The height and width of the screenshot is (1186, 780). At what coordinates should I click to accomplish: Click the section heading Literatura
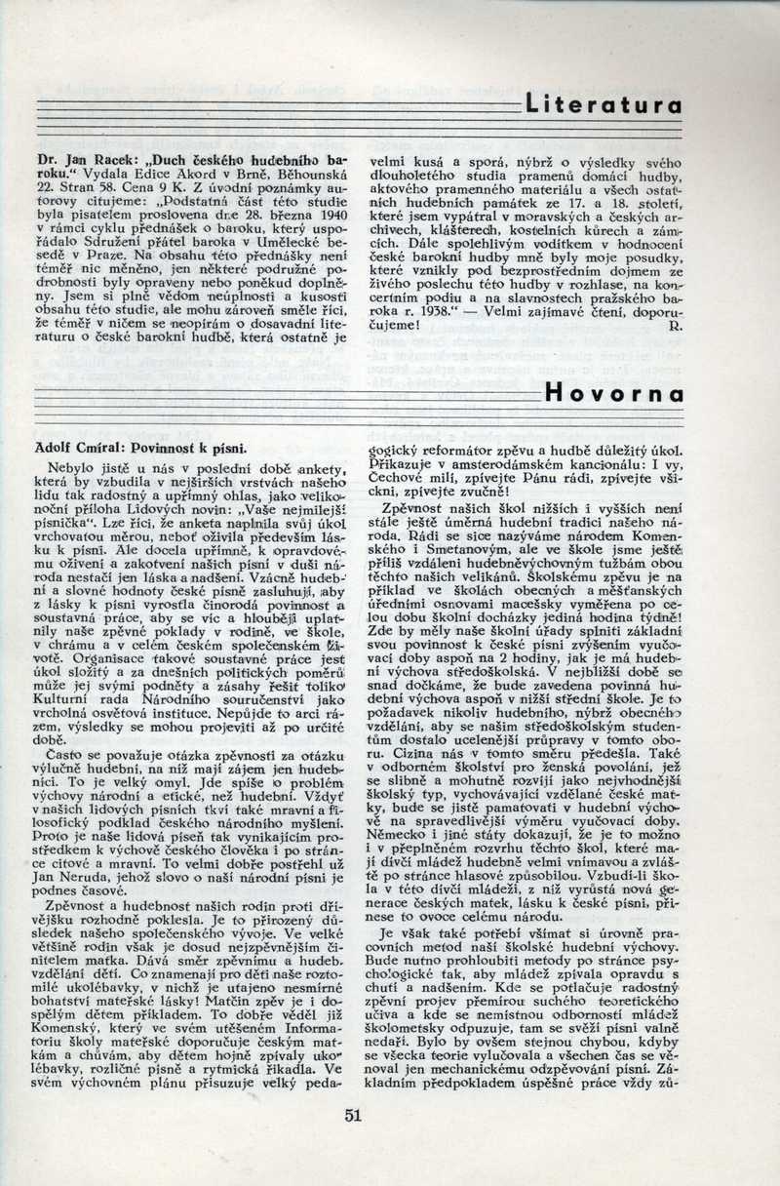[x=602, y=104]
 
